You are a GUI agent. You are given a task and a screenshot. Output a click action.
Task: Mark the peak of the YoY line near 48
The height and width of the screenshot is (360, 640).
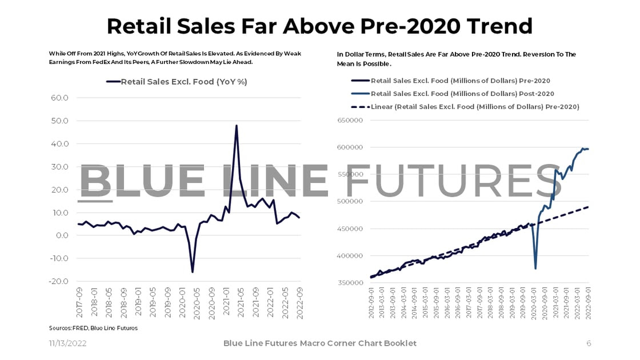coord(236,126)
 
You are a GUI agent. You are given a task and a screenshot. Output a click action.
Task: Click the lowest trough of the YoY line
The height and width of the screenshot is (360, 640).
coord(193,271)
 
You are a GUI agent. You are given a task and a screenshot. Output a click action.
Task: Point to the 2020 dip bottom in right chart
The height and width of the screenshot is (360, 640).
coord(535,269)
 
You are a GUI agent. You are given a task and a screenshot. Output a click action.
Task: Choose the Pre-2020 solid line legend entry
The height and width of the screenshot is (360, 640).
coord(460,81)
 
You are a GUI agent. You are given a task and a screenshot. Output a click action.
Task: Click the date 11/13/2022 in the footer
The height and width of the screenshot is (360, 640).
coord(67,343)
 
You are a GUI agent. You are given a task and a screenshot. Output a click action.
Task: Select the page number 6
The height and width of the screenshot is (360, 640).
coord(589,343)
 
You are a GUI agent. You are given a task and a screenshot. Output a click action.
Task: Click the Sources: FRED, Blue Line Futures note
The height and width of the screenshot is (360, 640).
coord(93,328)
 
